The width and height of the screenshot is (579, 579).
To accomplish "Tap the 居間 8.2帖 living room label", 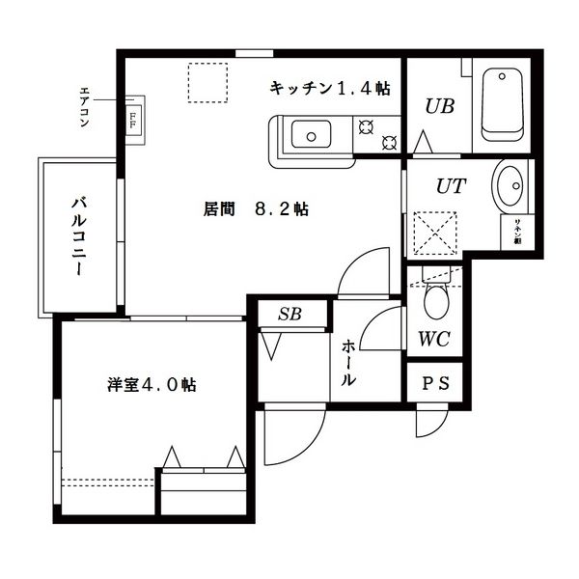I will point(257,208).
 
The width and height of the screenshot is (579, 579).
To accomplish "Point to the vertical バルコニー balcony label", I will point(78,237).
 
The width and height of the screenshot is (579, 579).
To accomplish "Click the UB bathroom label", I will point(440,106).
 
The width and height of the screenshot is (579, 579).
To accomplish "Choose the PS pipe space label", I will point(436,382).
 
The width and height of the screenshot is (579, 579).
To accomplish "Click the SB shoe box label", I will point(289,314).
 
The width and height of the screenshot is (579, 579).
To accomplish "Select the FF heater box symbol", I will point(132,115).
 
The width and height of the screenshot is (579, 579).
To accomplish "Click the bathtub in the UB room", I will point(501,104).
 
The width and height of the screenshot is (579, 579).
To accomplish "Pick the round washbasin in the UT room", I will point(510,183).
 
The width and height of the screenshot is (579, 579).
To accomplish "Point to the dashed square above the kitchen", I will point(207,83).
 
